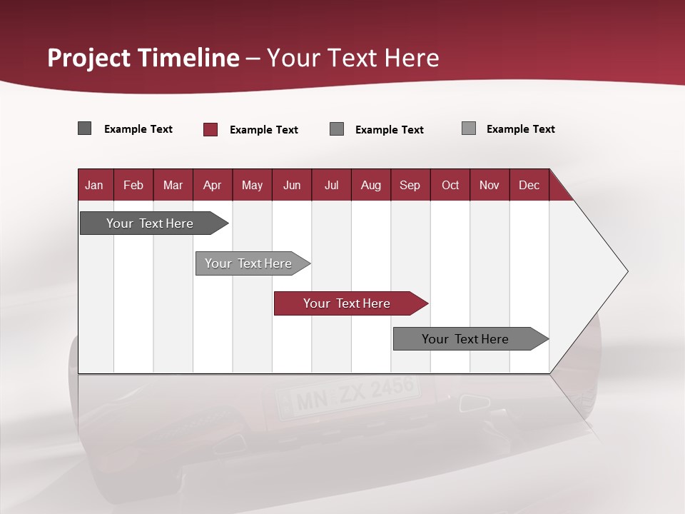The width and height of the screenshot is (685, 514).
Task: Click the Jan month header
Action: (x=95, y=185)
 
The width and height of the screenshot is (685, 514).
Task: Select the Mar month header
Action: (x=173, y=185)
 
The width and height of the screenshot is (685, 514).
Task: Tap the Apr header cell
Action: (x=213, y=185)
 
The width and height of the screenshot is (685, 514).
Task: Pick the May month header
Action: (x=252, y=185)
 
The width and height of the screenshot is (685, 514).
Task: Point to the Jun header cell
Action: (x=292, y=185)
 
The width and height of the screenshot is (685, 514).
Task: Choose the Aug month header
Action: (x=370, y=185)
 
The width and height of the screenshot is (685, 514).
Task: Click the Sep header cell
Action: (x=410, y=185)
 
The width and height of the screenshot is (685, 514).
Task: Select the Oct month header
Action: (x=450, y=185)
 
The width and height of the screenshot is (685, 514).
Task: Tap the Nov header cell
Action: (x=489, y=185)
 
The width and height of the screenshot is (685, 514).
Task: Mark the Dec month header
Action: (x=529, y=185)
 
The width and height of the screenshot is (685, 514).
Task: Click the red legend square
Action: (x=210, y=129)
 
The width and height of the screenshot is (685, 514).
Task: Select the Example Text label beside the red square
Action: (x=264, y=130)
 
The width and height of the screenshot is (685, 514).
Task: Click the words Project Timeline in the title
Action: (x=143, y=58)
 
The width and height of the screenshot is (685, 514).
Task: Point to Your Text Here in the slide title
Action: (x=353, y=58)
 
